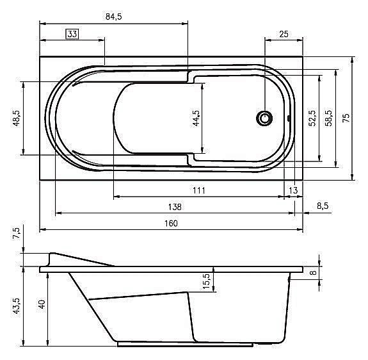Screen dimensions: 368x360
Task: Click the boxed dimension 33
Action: coord(72,34)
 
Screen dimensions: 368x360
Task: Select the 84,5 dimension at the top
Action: coord(113,17)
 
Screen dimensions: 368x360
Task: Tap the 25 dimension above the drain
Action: coord(284,35)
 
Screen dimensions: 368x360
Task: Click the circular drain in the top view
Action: coord(264,118)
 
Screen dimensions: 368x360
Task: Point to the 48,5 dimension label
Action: coord(17,118)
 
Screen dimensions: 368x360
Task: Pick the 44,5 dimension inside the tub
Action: coord(196,118)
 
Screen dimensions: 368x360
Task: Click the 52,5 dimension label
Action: coord(312,118)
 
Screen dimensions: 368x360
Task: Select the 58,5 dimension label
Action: coord(328,118)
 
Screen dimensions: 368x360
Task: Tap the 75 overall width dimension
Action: coord(346,118)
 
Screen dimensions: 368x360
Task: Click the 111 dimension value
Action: coord(199,190)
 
